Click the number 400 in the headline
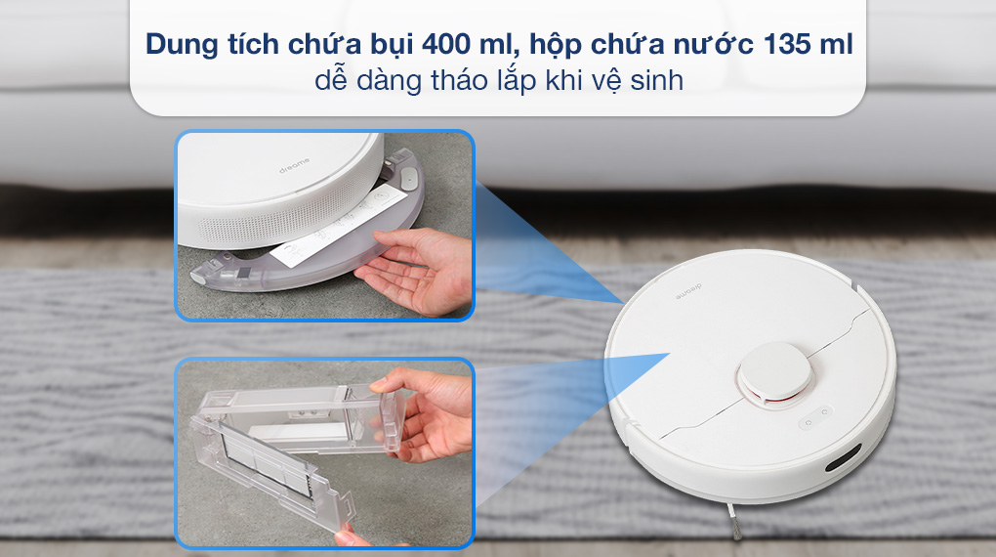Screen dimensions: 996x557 click(x=446, y=45)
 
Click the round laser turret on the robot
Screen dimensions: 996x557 click(x=775, y=375)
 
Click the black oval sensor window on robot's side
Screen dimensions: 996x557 click(x=844, y=457)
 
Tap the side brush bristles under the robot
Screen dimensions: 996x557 click(x=733, y=521)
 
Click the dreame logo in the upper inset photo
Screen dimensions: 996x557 click(x=295, y=165)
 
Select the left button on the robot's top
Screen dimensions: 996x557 click(x=809, y=422)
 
